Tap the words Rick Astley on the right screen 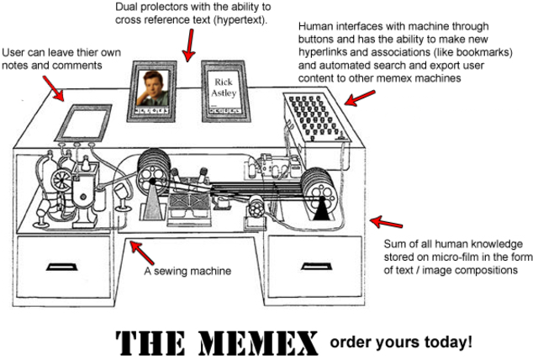pos(223,89)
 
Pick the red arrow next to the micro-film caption pos(387,223)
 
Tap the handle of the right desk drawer pos(319,268)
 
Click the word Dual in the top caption pos(129,7)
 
